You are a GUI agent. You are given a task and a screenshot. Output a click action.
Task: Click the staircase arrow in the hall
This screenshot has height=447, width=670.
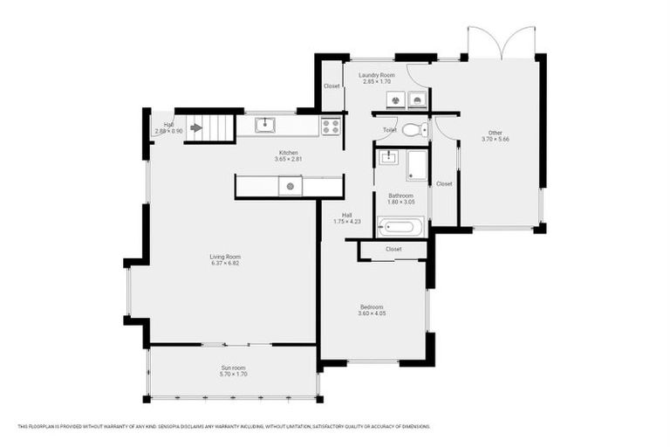196,127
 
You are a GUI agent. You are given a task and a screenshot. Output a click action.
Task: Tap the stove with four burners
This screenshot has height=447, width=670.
331,126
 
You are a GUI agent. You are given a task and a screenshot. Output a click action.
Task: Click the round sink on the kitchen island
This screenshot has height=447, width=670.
290,185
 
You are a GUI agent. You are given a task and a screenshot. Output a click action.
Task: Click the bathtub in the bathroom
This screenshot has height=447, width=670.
400,227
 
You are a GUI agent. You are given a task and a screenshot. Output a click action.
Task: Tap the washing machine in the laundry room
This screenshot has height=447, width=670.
395,100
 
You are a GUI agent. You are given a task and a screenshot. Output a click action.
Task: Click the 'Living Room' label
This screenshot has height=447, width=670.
224,257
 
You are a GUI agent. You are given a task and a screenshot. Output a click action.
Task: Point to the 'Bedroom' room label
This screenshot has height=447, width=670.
373,306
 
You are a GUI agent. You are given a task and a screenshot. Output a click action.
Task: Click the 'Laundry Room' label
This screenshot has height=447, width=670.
377,75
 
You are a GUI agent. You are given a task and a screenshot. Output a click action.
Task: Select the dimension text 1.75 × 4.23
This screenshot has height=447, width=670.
346,222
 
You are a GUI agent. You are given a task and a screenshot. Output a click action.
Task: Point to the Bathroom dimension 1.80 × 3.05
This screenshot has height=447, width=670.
400,202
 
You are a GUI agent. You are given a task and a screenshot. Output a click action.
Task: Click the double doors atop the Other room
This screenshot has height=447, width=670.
501,43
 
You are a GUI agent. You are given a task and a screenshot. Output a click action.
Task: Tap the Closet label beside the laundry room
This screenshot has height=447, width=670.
332,86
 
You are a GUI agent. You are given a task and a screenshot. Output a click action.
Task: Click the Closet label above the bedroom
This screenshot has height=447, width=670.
393,249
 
